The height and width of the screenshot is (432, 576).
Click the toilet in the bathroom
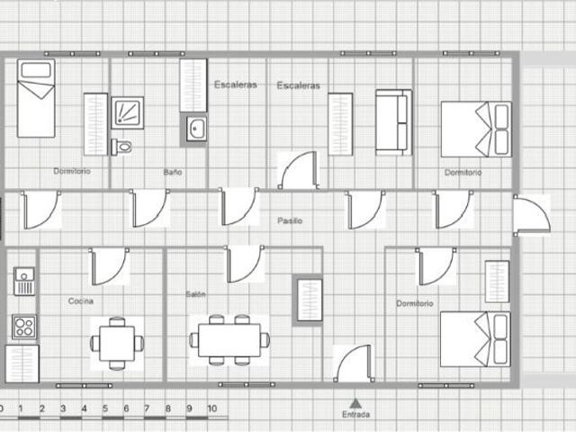pos(122,147)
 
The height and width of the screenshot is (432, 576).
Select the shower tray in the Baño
pos(127,112)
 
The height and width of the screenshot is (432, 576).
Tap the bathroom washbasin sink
pos(196,129)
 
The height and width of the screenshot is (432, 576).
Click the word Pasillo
pos(290,220)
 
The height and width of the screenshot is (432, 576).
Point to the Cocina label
pos(81,301)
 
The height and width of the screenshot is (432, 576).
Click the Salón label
pos(195,294)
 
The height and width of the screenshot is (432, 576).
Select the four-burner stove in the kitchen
pos(24,327)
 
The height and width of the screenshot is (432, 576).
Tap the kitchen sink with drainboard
pos(24,282)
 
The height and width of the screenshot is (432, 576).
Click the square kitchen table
pos(117,344)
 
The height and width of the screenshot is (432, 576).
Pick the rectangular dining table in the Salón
pos(229,340)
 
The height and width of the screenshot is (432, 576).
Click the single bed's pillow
pos(36,70)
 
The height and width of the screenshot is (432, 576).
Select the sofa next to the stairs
pos(393,122)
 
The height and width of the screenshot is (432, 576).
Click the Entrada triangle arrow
pos(355,404)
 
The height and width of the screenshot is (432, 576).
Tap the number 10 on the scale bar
pos(212,409)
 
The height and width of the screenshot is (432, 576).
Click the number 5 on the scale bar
pos(105,409)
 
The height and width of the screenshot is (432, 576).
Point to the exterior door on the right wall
pos(532,215)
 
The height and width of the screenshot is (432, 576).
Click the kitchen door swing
pos(110,266)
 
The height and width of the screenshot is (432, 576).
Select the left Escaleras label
pos(236,85)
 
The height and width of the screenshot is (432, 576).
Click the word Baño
pos(173,172)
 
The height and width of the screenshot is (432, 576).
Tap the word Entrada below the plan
pos(355,414)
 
